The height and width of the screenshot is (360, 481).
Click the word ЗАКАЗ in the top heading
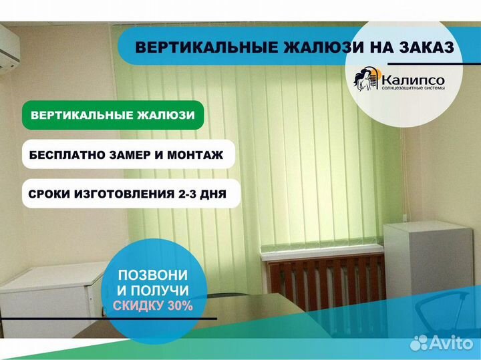tap(424, 47)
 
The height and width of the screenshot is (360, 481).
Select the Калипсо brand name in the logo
tap(414, 80)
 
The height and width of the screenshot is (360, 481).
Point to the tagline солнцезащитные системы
tap(414, 88)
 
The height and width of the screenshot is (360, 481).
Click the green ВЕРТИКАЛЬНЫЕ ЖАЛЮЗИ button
tap(113, 115)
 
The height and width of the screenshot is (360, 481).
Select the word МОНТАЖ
tap(195, 155)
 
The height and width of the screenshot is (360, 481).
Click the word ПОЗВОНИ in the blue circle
tap(153, 275)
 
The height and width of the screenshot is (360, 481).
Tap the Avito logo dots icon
tap(419, 343)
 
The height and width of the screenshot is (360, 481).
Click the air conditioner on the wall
tap(9, 49)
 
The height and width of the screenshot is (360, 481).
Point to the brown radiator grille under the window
tap(326, 281)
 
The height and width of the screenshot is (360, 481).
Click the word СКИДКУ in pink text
tap(139, 305)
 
